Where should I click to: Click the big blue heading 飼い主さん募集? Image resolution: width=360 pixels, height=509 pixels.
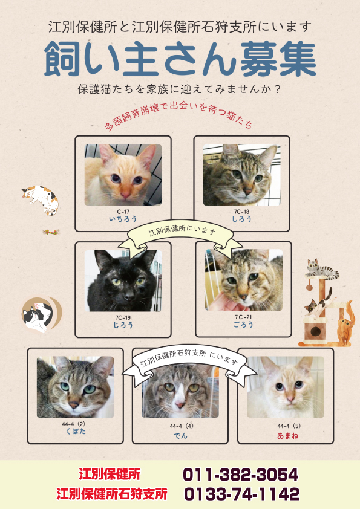point(180,59)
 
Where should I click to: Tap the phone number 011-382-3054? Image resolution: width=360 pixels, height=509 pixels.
point(240,475)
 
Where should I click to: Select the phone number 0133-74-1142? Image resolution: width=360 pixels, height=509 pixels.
point(242,494)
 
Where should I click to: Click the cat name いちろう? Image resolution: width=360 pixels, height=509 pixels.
point(123,219)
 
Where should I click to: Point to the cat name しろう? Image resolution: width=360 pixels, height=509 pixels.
point(242,219)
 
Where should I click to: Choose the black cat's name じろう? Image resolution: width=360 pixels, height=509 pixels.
point(123,325)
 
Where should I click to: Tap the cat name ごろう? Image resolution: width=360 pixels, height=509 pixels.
point(243,324)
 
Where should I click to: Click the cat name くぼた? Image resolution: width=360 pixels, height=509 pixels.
point(76,431)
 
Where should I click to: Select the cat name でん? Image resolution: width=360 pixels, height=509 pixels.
point(180,436)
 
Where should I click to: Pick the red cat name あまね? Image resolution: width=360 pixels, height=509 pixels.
point(287,436)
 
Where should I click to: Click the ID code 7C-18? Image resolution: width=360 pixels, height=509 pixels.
point(242,212)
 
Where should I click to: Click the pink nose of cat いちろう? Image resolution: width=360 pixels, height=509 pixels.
point(125,195)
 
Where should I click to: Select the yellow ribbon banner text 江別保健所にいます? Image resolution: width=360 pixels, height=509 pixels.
point(182,230)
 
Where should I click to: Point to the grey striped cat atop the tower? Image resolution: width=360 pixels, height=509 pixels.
point(322,269)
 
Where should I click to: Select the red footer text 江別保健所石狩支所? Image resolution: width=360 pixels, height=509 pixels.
point(112,494)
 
